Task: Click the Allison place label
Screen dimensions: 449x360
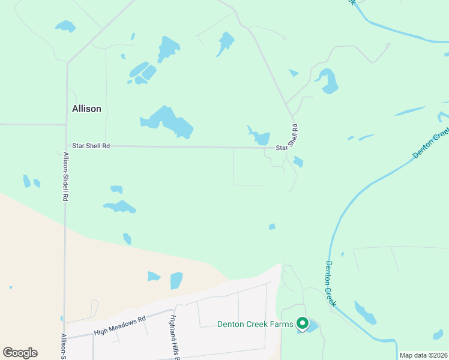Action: [x=86, y=109]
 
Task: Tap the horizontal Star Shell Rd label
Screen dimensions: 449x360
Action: [x=91, y=145]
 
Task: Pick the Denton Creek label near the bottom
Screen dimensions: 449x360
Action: [x=330, y=283]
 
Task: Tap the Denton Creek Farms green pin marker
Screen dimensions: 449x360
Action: [x=302, y=324]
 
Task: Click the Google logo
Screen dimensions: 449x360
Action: [x=20, y=352]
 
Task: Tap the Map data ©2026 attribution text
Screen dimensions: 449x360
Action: [x=423, y=355]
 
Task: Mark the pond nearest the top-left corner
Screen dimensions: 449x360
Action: [x=65, y=26]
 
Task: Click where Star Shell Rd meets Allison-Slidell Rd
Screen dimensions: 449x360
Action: [x=66, y=145]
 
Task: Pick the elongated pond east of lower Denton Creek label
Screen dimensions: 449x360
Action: [x=364, y=313]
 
